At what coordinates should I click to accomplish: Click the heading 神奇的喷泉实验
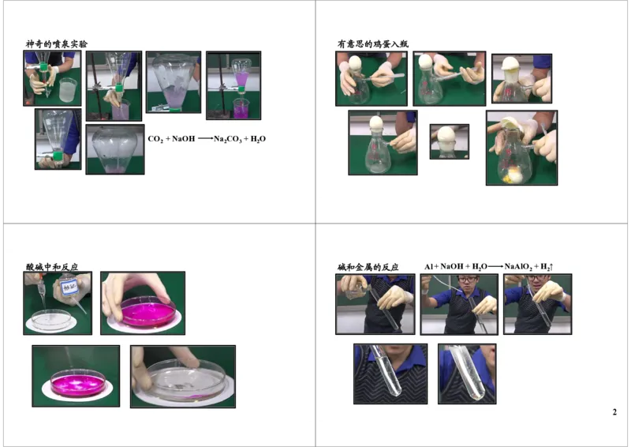[56, 44]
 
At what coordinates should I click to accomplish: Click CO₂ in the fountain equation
[156, 139]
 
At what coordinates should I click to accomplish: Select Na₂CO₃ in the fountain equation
[230, 139]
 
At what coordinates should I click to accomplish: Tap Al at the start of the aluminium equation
[429, 268]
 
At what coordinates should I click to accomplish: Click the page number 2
[614, 412]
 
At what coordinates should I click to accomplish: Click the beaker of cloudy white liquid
[68, 88]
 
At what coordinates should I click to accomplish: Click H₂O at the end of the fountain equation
[258, 139]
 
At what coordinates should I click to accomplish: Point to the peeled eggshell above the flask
[510, 123]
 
